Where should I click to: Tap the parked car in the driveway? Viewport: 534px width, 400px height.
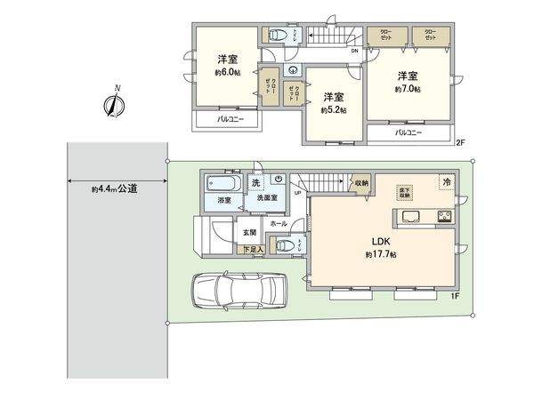(238, 290)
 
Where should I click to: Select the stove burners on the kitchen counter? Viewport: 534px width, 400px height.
(443, 217)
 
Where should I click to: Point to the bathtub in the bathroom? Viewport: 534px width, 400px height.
(220, 184)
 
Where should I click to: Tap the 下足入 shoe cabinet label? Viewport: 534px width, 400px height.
(254, 251)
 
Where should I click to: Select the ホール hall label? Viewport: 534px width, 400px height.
(279, 225)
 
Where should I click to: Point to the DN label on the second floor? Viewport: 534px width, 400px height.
(353, 51)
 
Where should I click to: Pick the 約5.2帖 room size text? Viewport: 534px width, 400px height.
(333, 110)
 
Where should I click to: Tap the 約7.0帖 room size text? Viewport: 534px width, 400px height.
(408, 89)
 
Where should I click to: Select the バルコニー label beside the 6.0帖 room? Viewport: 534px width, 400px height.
(229, 118)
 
